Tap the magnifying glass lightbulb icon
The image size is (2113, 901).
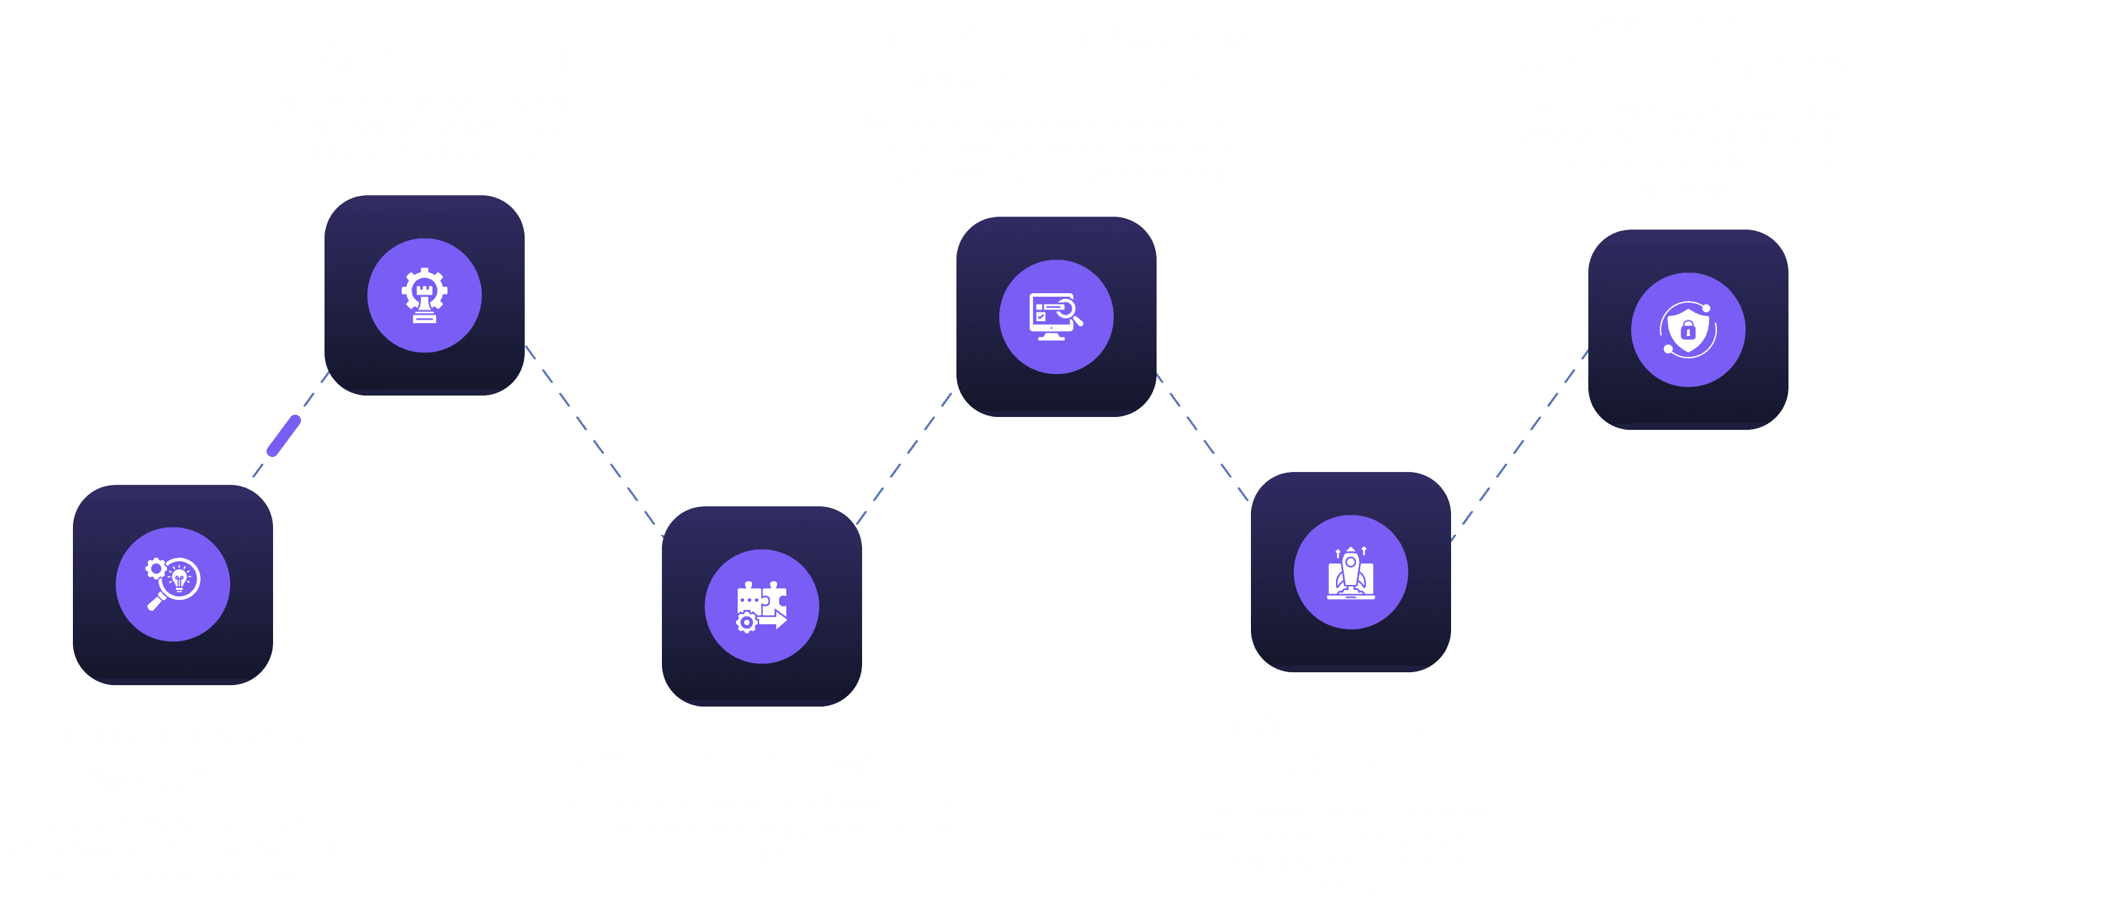point(173,584)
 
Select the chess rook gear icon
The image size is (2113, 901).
point(424,295)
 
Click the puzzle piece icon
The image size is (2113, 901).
point(762,606)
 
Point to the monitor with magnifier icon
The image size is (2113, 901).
point(1056,317)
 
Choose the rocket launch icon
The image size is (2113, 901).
point(1350,572)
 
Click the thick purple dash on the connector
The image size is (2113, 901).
point(284,435)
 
